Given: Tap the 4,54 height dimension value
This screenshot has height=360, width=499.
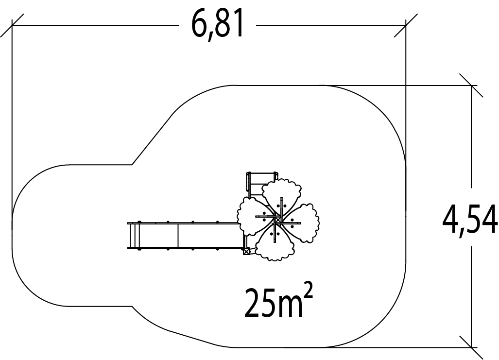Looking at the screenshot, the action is coord(470,219).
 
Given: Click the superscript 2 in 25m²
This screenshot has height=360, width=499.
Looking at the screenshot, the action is coord(308,291).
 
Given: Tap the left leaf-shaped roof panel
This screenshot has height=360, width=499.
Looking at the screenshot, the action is coord(256,217).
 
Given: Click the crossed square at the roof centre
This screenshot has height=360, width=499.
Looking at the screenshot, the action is coord(278,220).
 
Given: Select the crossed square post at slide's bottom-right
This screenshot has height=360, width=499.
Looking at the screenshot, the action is coord(246,252).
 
